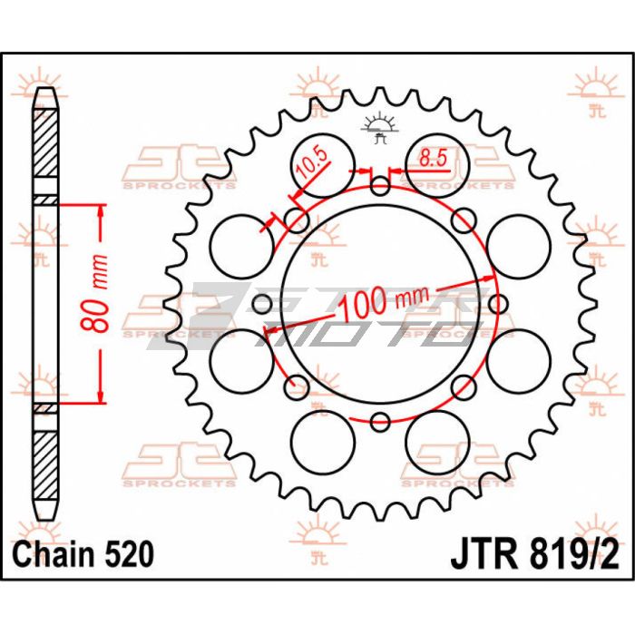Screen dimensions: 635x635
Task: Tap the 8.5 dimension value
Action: pyautogui.click(x=433, y=158)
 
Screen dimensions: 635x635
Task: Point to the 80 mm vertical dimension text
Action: pyautogui.click(x=94, y=294)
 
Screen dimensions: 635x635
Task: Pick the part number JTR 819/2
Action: pyautogui.click(x=534, y=555)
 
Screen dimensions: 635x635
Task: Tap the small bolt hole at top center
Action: pyautogui.click(x=380, y=187)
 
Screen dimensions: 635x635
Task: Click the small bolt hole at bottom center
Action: pyautogui.click(x=380, y=422)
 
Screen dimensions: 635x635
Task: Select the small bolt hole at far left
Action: pyautogui.click(x=262, y=304)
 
